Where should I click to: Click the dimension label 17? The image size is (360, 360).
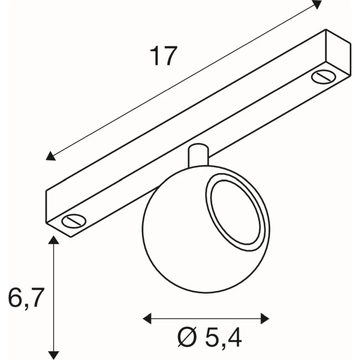coord(164,56)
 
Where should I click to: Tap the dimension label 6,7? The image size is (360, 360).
coord(26,298)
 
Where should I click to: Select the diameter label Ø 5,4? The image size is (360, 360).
coord(210,338)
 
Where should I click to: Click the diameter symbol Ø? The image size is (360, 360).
coord(187,338)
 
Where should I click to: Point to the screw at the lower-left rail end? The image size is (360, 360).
coord(74,221)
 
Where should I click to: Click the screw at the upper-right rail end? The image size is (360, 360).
coord(324,77)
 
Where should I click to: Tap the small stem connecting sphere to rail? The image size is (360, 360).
coord(198,155)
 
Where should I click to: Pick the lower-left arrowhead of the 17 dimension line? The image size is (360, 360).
coord(50,156)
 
